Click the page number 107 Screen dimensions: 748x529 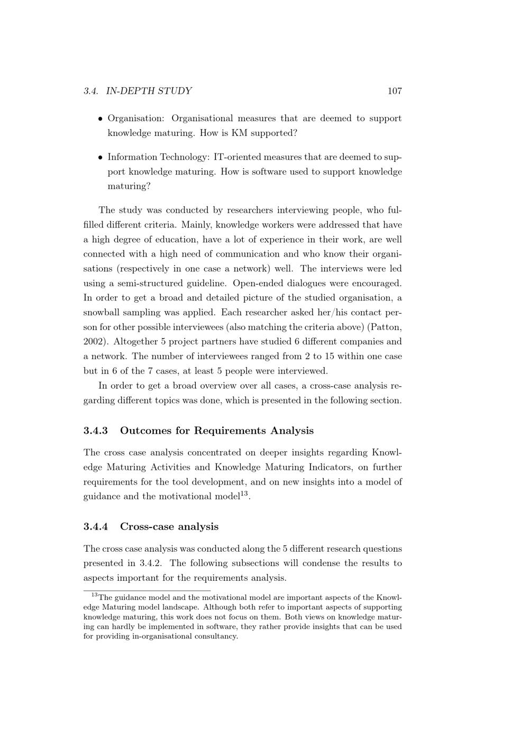395,91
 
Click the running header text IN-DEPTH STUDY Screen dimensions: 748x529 149,91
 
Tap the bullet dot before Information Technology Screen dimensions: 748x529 101,158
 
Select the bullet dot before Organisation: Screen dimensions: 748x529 101,119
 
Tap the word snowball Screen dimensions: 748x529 102,313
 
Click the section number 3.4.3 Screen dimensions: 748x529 96,431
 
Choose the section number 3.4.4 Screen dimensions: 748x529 96,527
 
